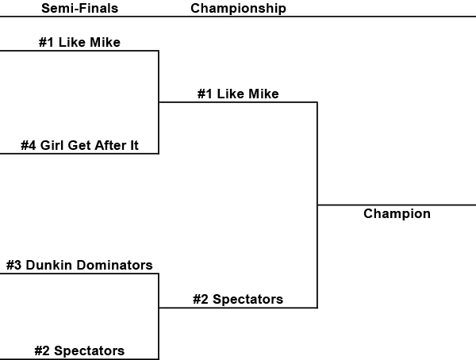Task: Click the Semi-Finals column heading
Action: click(x=79, y=9)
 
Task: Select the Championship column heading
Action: click(x=238, y=9)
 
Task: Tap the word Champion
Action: click(x=397, y=213)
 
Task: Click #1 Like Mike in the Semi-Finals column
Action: click(x=79, y=42)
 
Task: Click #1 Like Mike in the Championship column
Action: click(x=238, y=94)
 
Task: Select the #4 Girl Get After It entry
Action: click(x=79, y=145)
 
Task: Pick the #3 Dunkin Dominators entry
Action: click(x=79, y=265)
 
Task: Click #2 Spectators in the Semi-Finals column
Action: click(x=79, y=350)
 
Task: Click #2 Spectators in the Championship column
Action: click(x=238, y=300)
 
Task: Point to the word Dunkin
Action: click(x=48, y=265)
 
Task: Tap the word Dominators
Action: click(x=113, y=265)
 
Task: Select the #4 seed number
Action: click(x=29, y=145)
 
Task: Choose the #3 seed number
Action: click(x=13, y=265)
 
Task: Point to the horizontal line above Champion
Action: click(x=397, y=205)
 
